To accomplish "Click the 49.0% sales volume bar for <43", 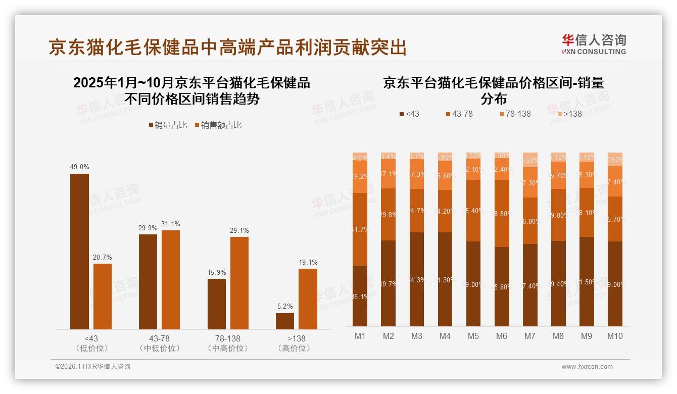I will point(79,252).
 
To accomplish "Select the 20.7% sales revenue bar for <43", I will point(103,297).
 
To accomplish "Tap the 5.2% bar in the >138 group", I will point(285,321).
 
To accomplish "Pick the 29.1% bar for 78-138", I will point(239,283).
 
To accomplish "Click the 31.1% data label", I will point(170,224).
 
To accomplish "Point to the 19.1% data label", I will point(308,262).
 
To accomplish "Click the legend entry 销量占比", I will point(167,125).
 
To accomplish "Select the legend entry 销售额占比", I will point(218,125).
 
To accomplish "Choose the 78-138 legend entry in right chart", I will point(515,114).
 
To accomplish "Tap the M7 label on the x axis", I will point(530,336).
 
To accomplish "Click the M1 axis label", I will point(360,336).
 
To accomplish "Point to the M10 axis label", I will point(615,336).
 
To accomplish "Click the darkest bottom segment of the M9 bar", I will point(587,281).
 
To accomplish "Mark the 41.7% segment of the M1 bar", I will point(360,229).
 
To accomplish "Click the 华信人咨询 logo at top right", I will point(594,44).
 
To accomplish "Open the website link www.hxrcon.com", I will point(587,367).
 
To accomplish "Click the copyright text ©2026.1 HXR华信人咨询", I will point(93,367).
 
